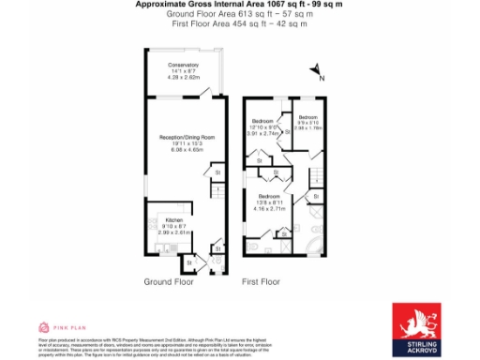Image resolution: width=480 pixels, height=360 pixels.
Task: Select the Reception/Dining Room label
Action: (x=187, y=137)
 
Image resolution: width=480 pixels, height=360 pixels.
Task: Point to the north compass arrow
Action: (x=317, y=70)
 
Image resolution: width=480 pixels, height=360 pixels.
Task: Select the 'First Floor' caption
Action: (x=261, y=281)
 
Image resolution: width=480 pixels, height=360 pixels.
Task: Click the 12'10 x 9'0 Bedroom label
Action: (x=262, y=122)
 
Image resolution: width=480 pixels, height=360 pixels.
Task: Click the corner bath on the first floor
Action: (x=315, y=246)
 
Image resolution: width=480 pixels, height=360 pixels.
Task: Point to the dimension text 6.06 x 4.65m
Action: (x=187, y=149)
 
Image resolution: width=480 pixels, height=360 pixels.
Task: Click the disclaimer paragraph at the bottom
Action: (x=159, y=333)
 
